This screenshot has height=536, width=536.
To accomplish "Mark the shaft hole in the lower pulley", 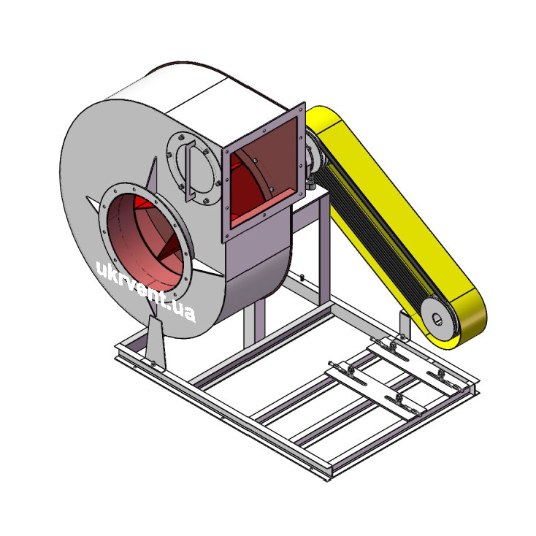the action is [437, 319].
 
